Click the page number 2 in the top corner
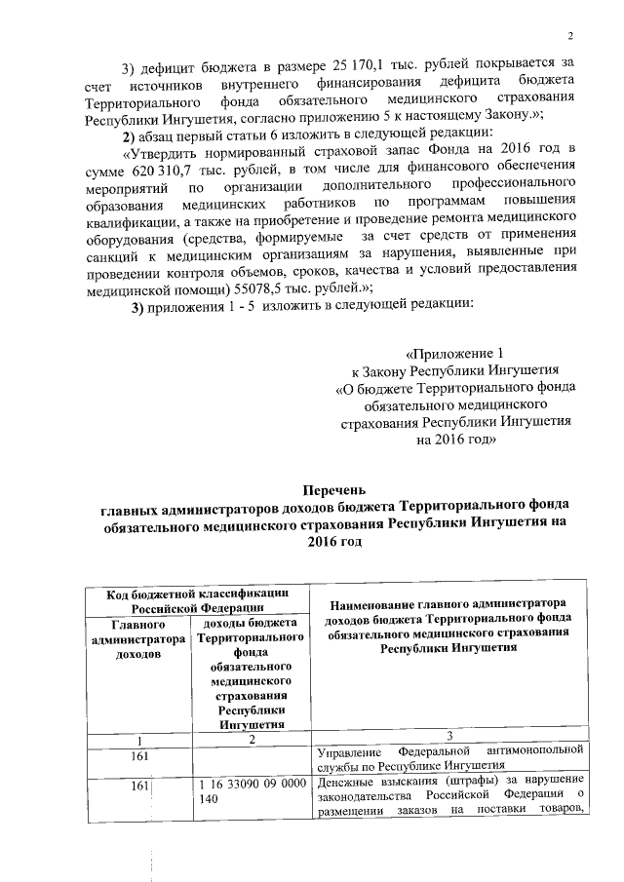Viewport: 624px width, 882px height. click(573, 37)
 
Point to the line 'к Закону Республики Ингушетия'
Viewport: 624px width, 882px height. click(454, 369)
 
